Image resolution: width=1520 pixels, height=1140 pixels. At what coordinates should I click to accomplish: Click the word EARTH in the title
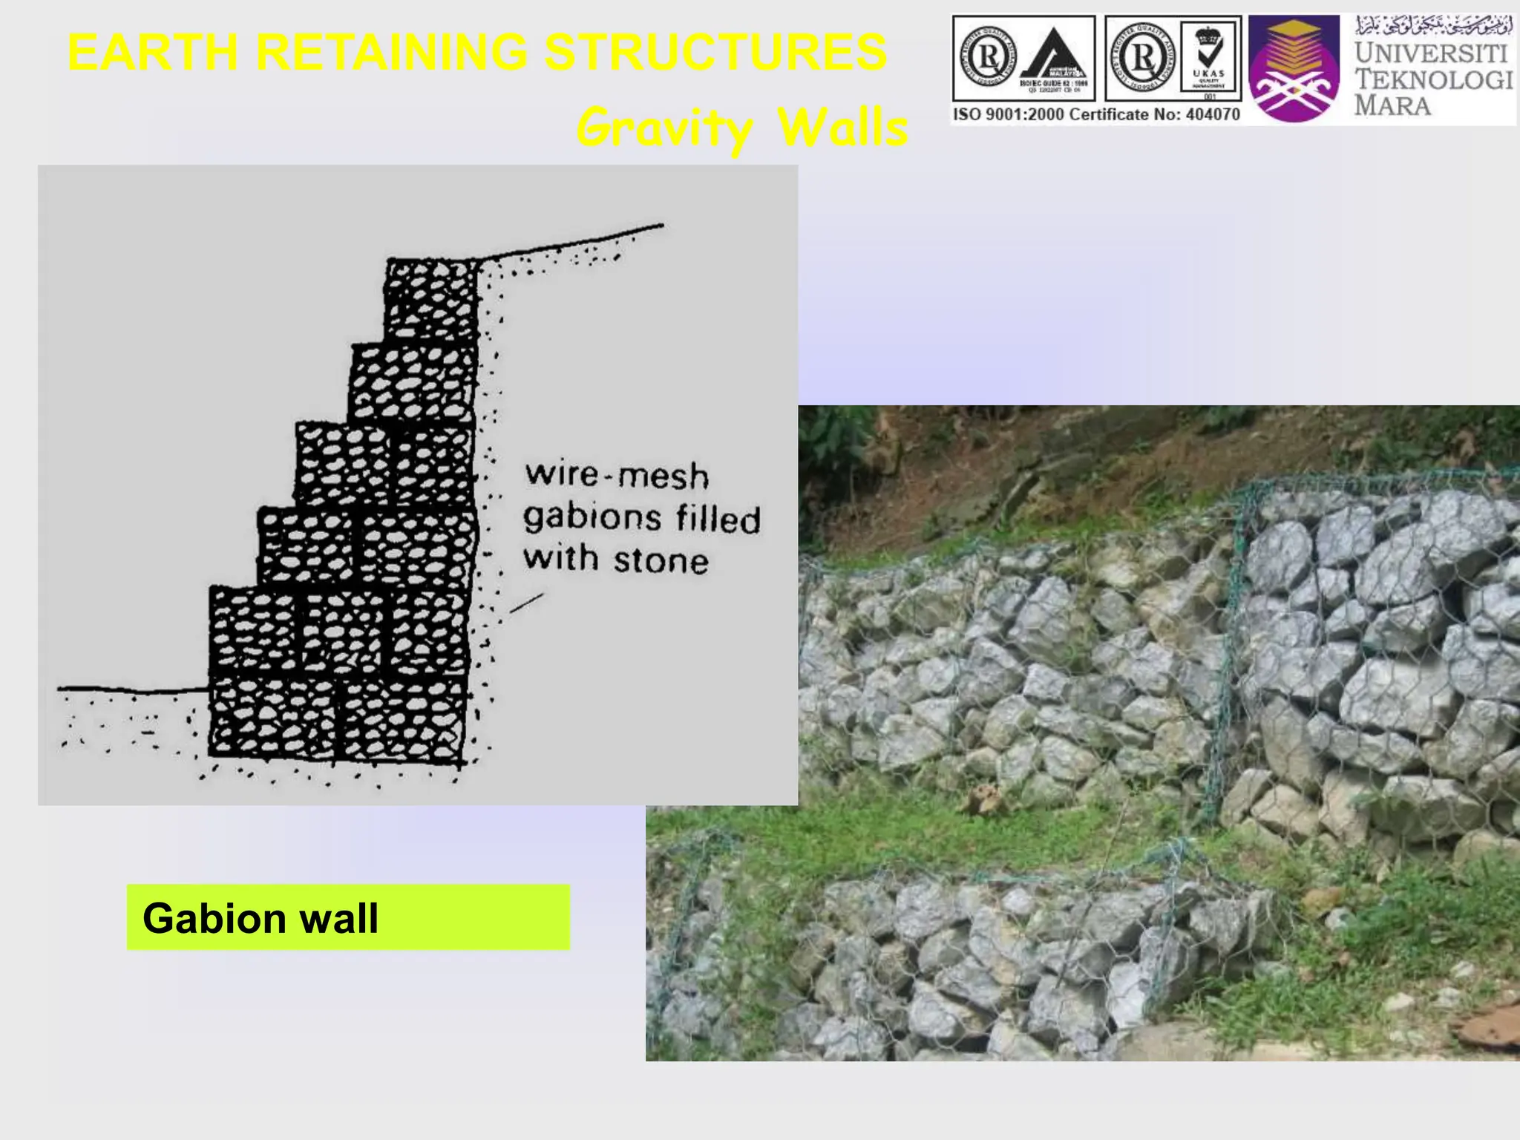coord(153,53)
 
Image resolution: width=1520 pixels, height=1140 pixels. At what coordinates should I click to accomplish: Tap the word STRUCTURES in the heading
coord(715,53)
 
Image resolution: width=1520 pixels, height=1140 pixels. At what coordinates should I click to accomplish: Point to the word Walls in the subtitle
coord(842,128)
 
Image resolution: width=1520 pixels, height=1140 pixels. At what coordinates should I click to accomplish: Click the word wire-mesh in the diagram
coord(616,475)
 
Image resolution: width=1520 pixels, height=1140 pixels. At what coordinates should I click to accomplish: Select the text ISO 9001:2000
coord(1008,114)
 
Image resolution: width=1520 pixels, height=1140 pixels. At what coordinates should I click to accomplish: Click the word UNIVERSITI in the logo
coord(1431,53)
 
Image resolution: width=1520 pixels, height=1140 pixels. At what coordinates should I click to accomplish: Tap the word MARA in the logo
coord(1392,105)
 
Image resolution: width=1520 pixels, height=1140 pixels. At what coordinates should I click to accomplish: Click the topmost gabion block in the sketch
coord(432,300)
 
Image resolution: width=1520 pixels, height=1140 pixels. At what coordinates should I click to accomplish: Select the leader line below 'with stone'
coord(526,603)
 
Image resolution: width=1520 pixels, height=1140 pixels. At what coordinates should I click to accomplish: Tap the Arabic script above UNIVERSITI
coord(1432,27)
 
